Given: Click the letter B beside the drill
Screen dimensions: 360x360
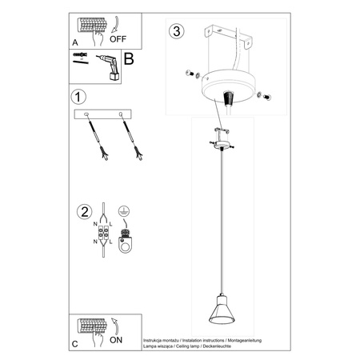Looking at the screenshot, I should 127,58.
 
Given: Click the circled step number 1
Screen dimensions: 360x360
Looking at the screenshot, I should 78,98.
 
